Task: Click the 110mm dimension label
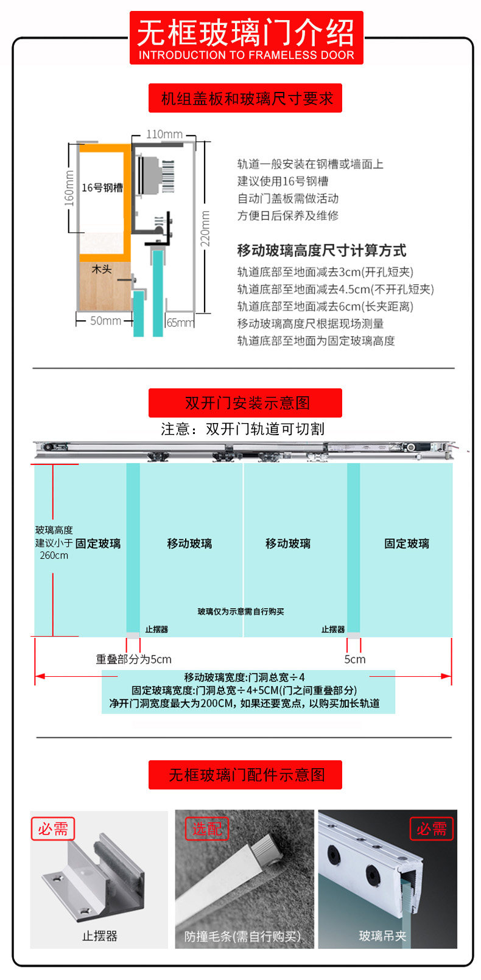click(x=164, y=135)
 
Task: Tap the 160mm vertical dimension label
click(x=69, y=187)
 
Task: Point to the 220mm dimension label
click(x=206, y=228)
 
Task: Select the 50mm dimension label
click(x=105, y=321)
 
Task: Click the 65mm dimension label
click(x=180, y=323)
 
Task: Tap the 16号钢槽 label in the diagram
click(x=102, y=187)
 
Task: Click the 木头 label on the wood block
click(x=102, y=268)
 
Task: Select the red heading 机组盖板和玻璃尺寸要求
click(x=245, y=99)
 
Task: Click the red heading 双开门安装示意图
click(x=245, y=403)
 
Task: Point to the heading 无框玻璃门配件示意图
click(x=245, y=775)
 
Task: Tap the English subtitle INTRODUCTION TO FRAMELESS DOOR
click(x=246, y=55)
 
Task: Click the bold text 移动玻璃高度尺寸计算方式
click(x=321, y=250)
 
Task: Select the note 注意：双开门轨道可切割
click(x=242, y=429)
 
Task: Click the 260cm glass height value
click(x=54, y=555)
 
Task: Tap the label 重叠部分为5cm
click(x=133, y=659)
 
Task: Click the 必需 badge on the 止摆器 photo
click(x=53, y=829)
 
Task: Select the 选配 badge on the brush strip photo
click(x=207, y=829)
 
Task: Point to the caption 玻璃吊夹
click(x=382, y=936)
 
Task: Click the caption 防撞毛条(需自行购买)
click(x=242, y=936)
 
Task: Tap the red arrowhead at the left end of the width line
click(x=40, y=676)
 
